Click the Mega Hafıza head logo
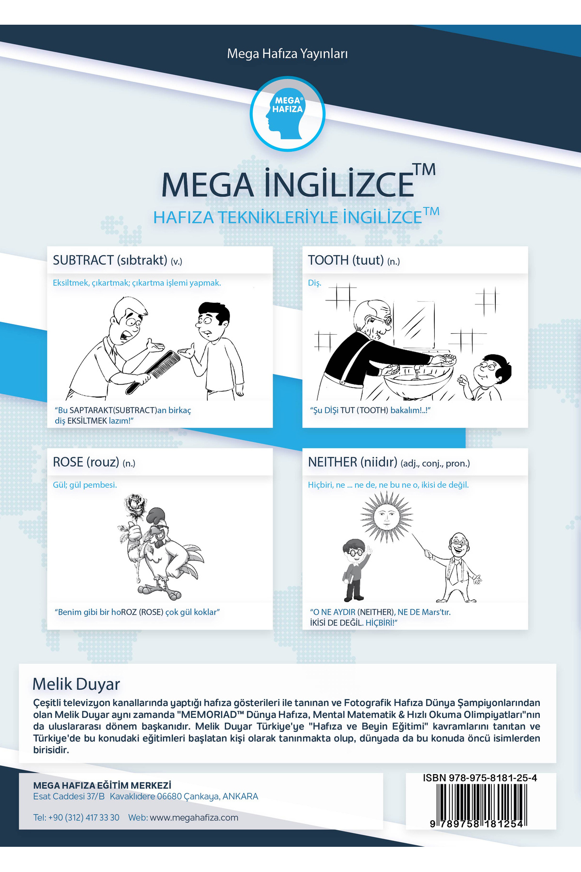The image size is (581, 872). [288, 114]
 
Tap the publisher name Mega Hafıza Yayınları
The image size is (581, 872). [288, 54]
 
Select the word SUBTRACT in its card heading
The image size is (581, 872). [83, 261]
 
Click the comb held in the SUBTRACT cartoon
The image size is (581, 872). [153, 372]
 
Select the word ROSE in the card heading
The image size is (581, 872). [68, 462]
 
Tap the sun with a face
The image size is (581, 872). [386, 516]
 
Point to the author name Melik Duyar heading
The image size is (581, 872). [76, 684]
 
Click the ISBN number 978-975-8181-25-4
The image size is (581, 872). [480, 778]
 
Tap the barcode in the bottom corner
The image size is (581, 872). [481, 805]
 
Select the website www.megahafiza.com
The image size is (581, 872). [194, 818]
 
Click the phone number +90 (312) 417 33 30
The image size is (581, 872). [84, 818]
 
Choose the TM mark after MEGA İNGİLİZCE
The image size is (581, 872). [425, 170]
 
